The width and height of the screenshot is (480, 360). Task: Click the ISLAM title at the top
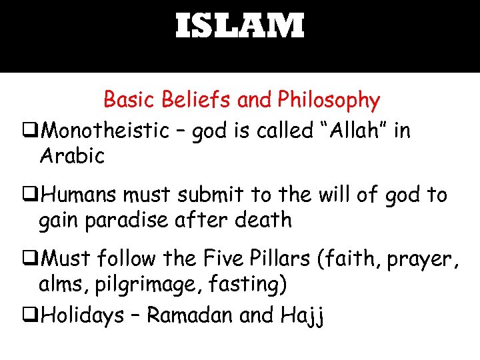pyautogui.click(x=240, y=27)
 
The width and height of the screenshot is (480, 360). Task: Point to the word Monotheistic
pyautogui.click(x=105, y=131)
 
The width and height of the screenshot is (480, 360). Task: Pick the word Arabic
pyautogui.click(x=72, y=156)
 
